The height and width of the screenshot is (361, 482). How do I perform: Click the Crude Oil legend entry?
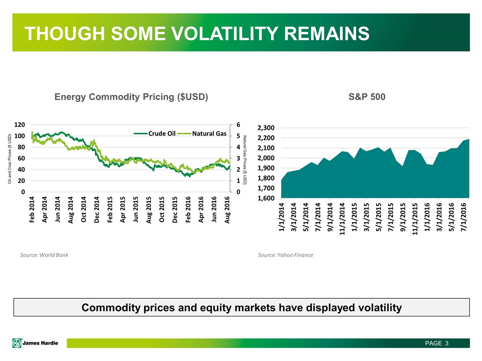point(155,133)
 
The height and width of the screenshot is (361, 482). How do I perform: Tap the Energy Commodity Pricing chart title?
point(131,97)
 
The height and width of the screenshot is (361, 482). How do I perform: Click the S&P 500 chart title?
point(367,97)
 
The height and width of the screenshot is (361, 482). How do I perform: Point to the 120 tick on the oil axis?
point(20,125)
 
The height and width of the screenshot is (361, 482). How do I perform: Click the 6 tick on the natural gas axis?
point(238,125)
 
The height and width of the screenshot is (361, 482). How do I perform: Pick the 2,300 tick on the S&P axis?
point(266,128)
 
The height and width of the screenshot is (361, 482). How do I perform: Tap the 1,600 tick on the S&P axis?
point(266,199)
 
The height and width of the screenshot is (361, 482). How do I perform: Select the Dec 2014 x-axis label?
point(97,210)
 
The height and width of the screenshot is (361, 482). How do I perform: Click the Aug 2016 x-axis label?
point(227,210)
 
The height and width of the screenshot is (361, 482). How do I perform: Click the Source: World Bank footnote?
point(44,255)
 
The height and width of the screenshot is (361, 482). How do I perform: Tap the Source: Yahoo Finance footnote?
point(286,255)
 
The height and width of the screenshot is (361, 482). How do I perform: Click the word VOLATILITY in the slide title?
point(225,33)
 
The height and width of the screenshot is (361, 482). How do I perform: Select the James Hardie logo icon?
point(17,343)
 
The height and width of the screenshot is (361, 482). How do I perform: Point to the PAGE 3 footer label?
point(437,343)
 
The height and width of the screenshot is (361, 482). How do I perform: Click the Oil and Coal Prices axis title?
point(10,159)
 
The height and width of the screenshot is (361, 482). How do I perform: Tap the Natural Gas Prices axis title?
point(245,160)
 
